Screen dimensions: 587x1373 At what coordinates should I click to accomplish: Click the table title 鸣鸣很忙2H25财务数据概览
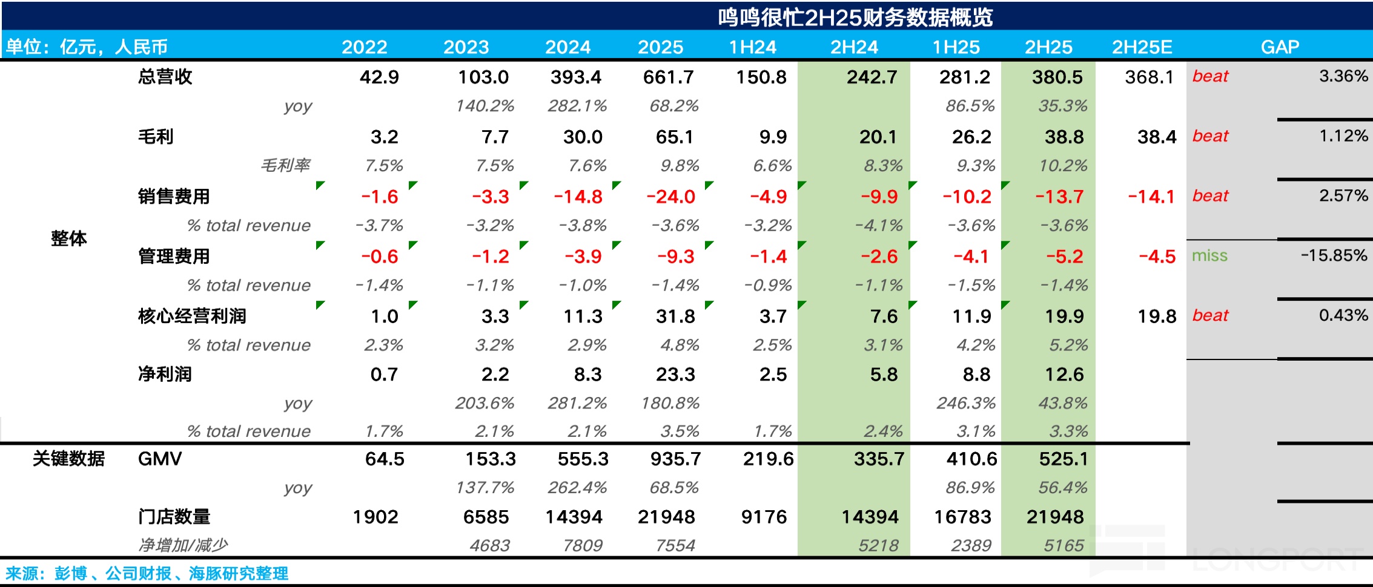855,17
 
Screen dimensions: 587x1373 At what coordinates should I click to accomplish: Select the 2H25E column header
1142,47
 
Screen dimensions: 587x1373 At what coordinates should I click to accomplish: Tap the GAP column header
1280,47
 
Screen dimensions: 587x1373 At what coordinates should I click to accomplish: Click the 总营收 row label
165,77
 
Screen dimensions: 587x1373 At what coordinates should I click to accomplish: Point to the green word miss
1209,255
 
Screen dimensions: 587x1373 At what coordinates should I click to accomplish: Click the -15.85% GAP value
1334,255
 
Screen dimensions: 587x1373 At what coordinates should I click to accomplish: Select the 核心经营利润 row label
192,316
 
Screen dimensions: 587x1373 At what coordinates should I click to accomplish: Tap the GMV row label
160,459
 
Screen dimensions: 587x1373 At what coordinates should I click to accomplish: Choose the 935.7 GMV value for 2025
675,459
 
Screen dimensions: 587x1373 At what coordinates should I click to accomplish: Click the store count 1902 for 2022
376,517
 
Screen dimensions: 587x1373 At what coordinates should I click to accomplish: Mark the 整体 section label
68,238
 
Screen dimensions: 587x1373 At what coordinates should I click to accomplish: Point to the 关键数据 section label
68,459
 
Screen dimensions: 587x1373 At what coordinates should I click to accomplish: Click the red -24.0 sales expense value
670,197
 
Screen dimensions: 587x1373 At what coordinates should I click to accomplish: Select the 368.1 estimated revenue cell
1149,77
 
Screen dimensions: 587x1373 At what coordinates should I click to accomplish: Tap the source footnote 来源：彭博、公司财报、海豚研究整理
147,573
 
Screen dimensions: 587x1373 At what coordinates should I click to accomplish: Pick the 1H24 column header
752,47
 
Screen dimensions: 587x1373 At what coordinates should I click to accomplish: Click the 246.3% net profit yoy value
966,403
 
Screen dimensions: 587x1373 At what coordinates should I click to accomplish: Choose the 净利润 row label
165,374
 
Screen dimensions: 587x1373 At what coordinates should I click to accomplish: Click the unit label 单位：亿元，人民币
87,47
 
